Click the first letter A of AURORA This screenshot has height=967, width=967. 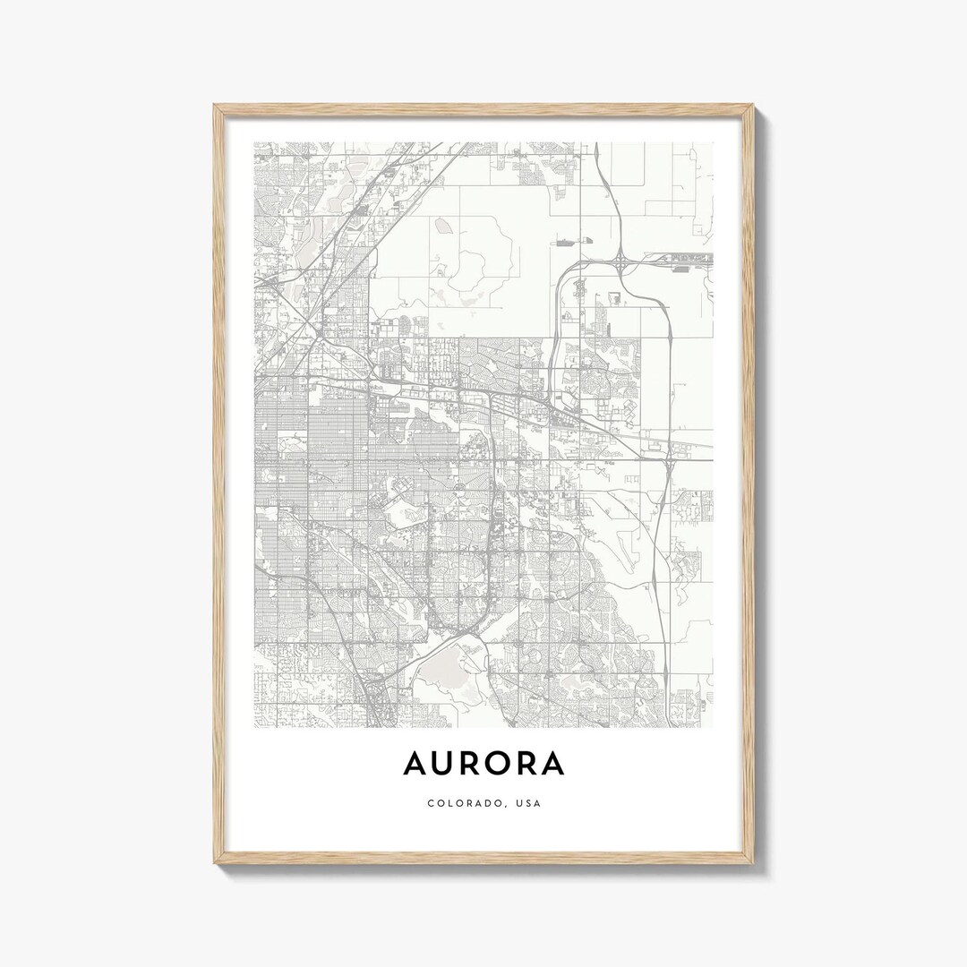[415, 763]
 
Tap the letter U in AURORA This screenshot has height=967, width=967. [446, 763]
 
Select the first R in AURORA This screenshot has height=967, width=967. [475, 763]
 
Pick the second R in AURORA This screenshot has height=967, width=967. [530, 763]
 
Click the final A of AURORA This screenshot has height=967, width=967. [554, 763]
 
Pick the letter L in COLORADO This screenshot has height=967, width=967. [449, 803]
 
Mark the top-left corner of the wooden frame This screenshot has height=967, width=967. [215, 106]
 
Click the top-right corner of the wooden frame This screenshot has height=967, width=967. [753, 106]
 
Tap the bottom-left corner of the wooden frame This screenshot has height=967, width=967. [215, 862]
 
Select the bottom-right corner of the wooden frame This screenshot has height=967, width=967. [753, 862]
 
